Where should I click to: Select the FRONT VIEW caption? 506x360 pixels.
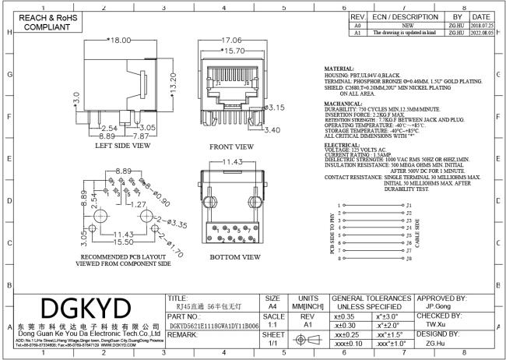point(231,146)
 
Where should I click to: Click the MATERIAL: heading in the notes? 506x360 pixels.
point(339,69)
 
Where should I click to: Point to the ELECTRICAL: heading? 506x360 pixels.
point(342,145)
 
